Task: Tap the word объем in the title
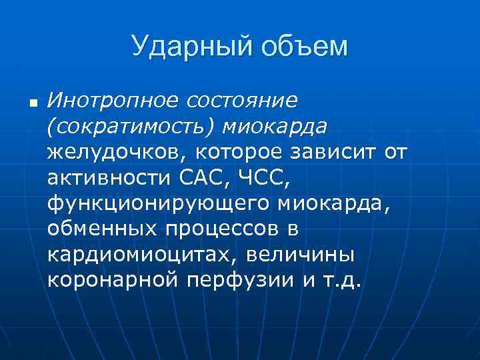(305, 47)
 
